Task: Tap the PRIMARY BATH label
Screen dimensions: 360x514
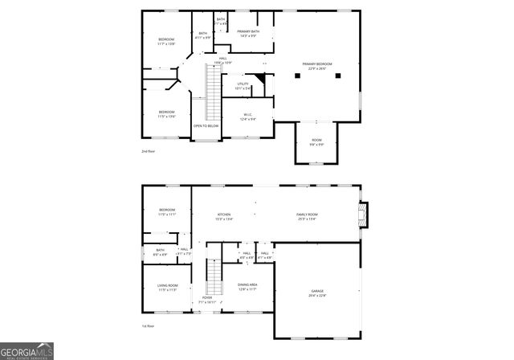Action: [x=247, y=33]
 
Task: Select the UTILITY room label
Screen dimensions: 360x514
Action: [x=242, y=85]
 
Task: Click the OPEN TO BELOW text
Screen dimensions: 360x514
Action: [x=206, y=125]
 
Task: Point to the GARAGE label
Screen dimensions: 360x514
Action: [x=317, y=292]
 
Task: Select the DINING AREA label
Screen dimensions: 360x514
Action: [x=247, y=286]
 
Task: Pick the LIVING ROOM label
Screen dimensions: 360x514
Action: [x=167, y=287]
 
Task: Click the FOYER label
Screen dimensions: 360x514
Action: [x=207, y=299]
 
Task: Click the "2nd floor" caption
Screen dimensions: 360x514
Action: [x=148, y=151]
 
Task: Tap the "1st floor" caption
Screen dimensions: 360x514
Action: [x=148, y=326]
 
